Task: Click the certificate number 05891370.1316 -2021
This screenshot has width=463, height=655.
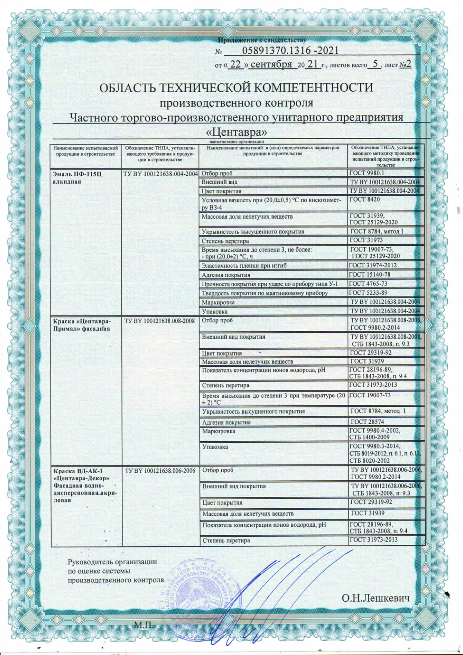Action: [290, 51]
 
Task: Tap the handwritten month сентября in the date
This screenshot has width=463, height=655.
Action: [271, 65]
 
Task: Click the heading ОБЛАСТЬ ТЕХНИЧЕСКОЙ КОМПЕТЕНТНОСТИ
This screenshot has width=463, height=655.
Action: [236, 88]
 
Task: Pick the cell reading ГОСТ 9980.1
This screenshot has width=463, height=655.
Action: [367, 173]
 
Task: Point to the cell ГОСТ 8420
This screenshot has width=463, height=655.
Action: [364, 200]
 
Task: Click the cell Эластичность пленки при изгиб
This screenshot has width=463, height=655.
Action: [244, 266]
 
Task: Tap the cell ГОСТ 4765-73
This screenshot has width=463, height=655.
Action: [369, 284]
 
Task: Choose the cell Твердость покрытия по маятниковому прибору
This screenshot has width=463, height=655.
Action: [264, 293]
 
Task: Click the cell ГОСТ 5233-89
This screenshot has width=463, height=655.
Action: [369, 293]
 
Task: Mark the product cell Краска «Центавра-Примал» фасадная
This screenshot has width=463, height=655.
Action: [81, 325]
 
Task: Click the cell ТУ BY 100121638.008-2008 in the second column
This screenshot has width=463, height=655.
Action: [159, 321]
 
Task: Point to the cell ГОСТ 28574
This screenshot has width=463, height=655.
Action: [367, 422]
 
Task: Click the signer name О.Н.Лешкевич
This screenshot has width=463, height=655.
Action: [376, 599]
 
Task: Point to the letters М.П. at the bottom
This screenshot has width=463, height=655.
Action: [144, 624]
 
